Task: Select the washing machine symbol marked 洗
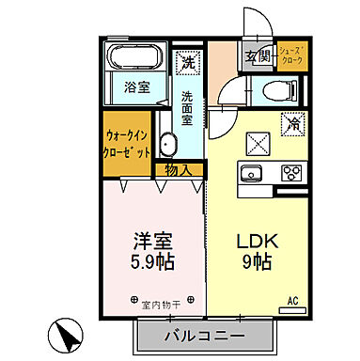pos(189,63)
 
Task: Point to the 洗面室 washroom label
pos(188,108)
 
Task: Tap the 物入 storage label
pos(179,169)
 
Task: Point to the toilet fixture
pos(275,89)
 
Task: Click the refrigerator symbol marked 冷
pos(292,123)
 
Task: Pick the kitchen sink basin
pos(252,172)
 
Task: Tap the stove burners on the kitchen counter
pos(291,172)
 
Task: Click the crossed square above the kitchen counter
pos(256,142)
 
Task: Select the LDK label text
pos(253,240)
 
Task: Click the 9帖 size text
pos(253,261)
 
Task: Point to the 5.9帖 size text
pos(153,259)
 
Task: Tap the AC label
pos(292,302)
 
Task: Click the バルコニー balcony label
pos(207,336)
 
